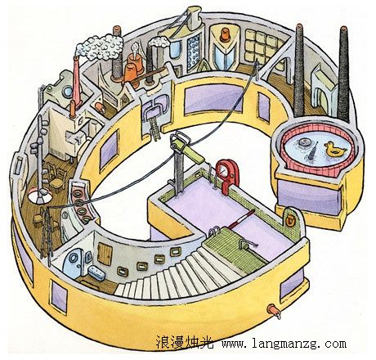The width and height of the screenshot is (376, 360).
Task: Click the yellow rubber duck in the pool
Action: pyautogui.click(x=334, y=149)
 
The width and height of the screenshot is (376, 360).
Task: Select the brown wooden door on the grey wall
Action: pyautogui.click(x=105, y=254)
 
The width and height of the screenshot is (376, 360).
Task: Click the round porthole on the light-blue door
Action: pyautogui.click(x=73, y=258)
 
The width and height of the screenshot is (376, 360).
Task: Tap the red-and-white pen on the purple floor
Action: pyautogui.click(x=241, y=219)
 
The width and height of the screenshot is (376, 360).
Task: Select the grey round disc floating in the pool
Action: pyautogui.click(x=304, y=142)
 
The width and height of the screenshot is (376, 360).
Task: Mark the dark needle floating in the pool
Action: pyautogui.click(x=313, y=151)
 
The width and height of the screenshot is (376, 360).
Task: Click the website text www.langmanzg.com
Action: pyautogui.click(x=284, y=344)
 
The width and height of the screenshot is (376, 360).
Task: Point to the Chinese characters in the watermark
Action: pyautogui.click(x=185, y=342)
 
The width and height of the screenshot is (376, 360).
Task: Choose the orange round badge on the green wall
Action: pyautogui.click(x=290, y=220)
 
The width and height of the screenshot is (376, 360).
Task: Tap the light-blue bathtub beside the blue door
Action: pyautogui.click(x=96, y=272)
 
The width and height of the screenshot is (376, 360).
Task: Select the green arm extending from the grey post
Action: pyautogui.click(x=194, y=154)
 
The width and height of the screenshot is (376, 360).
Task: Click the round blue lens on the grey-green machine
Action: pyautogui.click(x=67, y=92)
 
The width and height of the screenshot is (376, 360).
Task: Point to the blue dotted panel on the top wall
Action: pyautogui.click(x=193, y=52)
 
